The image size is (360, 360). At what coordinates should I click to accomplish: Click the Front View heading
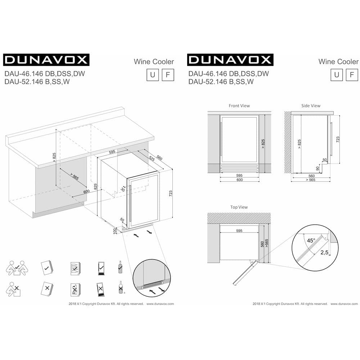tap(239, 106)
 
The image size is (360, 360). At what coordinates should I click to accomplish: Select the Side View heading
tap(311, 106)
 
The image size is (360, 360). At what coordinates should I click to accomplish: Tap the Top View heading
tap(239, 207)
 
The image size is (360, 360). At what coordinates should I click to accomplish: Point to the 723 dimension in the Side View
tap(337, 139)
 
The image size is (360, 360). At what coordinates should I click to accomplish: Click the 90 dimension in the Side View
tap(318, 168)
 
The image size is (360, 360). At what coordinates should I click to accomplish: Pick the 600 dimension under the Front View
tap(239, 180)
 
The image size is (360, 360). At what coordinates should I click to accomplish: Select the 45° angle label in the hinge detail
tap(311, 240)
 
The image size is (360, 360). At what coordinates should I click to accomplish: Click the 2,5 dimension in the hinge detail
tap(324, 253)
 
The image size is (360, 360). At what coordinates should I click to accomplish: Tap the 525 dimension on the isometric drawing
tap(152, 159)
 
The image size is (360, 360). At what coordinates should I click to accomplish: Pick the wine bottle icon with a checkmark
tap(120, 267)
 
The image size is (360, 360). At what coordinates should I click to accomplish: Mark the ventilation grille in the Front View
tap(239, 168)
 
